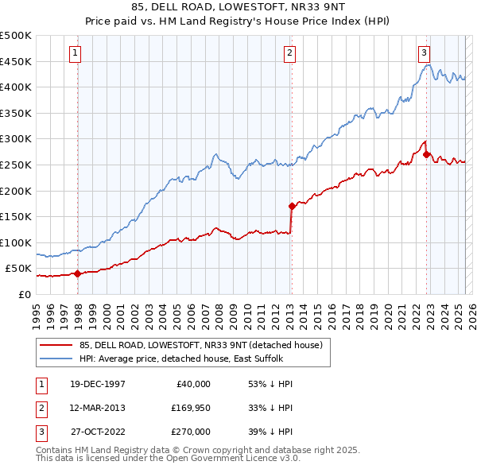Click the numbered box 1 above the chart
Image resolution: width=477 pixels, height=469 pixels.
(75, 53)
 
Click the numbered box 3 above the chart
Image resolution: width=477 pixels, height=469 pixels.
(425, 53)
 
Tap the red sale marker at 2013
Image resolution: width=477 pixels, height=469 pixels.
(292, 207)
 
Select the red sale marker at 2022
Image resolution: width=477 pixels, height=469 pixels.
(427, 154)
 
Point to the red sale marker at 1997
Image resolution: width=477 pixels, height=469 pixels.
(78, 273)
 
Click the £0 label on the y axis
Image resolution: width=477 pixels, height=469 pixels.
(24, 294)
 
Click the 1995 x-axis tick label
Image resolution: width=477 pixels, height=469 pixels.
(36, 312)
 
